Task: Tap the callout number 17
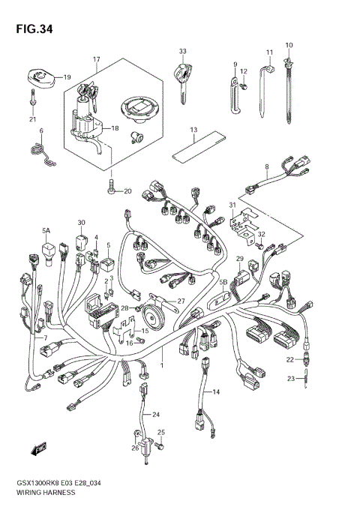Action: click(x=97, y=59)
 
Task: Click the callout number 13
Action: click(x=193, y=130)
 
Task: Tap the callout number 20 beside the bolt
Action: click(x=127, y=191)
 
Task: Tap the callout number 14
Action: click(x=216, y=391)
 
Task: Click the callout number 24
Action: click(x=157, y=415)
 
